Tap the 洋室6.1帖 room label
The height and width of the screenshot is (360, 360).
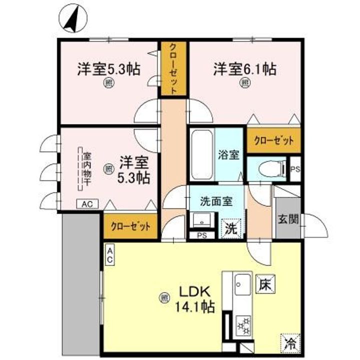pos(245,68)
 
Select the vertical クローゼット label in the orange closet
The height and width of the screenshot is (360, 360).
pos(172,69)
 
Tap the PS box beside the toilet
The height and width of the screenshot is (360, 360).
pos(295,170)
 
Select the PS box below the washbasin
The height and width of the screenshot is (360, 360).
pos(202,235)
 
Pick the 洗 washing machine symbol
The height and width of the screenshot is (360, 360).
pos(230,228)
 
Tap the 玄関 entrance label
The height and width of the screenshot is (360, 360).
pos(287,219)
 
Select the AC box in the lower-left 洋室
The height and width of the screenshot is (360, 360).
pos(87,203)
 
